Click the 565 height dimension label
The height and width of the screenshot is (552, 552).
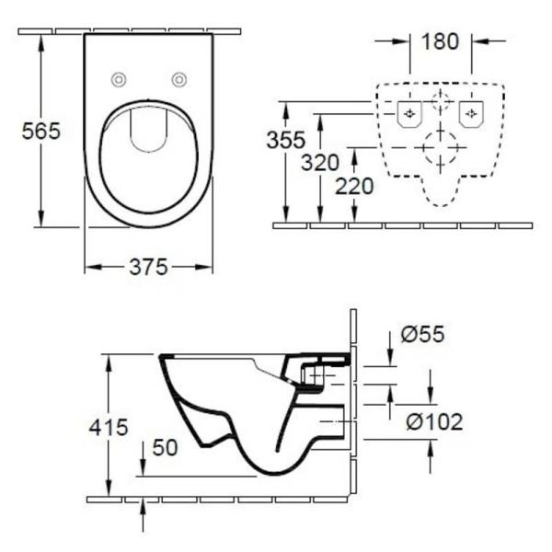41,131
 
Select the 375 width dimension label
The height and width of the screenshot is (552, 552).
148,267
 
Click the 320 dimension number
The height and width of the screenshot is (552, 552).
320,164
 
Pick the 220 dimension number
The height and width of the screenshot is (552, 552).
354,187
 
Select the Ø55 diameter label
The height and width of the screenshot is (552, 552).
424,335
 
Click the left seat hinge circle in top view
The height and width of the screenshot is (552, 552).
118,79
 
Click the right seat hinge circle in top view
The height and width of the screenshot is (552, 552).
178,79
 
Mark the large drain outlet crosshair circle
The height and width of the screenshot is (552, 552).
440,147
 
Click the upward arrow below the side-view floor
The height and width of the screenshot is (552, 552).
144,515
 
